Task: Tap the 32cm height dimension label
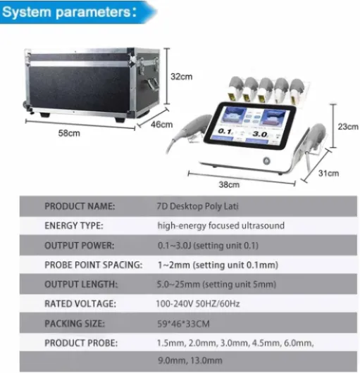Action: (182, 77)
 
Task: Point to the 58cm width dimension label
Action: (69, 133)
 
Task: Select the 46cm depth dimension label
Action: (161, 124)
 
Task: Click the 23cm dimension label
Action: (348, 127)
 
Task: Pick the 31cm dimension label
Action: (329, 173)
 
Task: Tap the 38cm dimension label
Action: (229, 184)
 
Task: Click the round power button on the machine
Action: (266, 161)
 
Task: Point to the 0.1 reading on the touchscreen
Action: (225, 132)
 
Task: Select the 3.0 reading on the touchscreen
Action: (260, 134)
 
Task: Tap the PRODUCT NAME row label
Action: (80, 206)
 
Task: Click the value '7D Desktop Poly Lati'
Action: (197, 206)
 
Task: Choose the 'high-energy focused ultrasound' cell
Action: (221, 225)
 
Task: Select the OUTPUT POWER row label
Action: (80, 246)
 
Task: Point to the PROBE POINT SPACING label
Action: (94, 265)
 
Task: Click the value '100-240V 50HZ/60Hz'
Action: (198, 304)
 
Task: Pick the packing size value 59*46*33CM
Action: (183, 324)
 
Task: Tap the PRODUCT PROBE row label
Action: (81, 343)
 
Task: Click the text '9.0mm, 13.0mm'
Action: (190, 360)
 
